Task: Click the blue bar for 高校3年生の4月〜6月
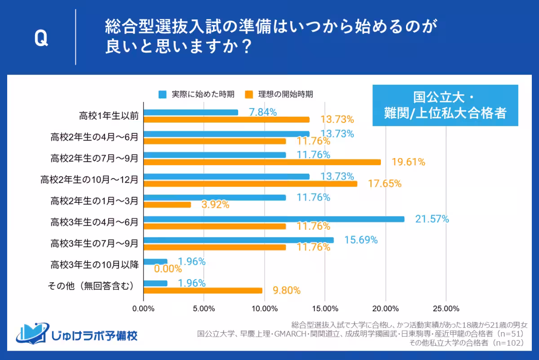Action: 274,219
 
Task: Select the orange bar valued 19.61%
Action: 262,162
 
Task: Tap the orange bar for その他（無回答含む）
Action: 203,290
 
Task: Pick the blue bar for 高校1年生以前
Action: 191,112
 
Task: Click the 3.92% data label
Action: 216,205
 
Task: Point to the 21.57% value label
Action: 432,219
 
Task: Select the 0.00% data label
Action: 168,269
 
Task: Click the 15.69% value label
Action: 361,240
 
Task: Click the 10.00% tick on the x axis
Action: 264,308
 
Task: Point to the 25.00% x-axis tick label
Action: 445,308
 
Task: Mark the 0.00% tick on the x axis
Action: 144,308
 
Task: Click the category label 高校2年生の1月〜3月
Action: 94,201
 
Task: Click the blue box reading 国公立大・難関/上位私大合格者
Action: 445,105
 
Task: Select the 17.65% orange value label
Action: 385,183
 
